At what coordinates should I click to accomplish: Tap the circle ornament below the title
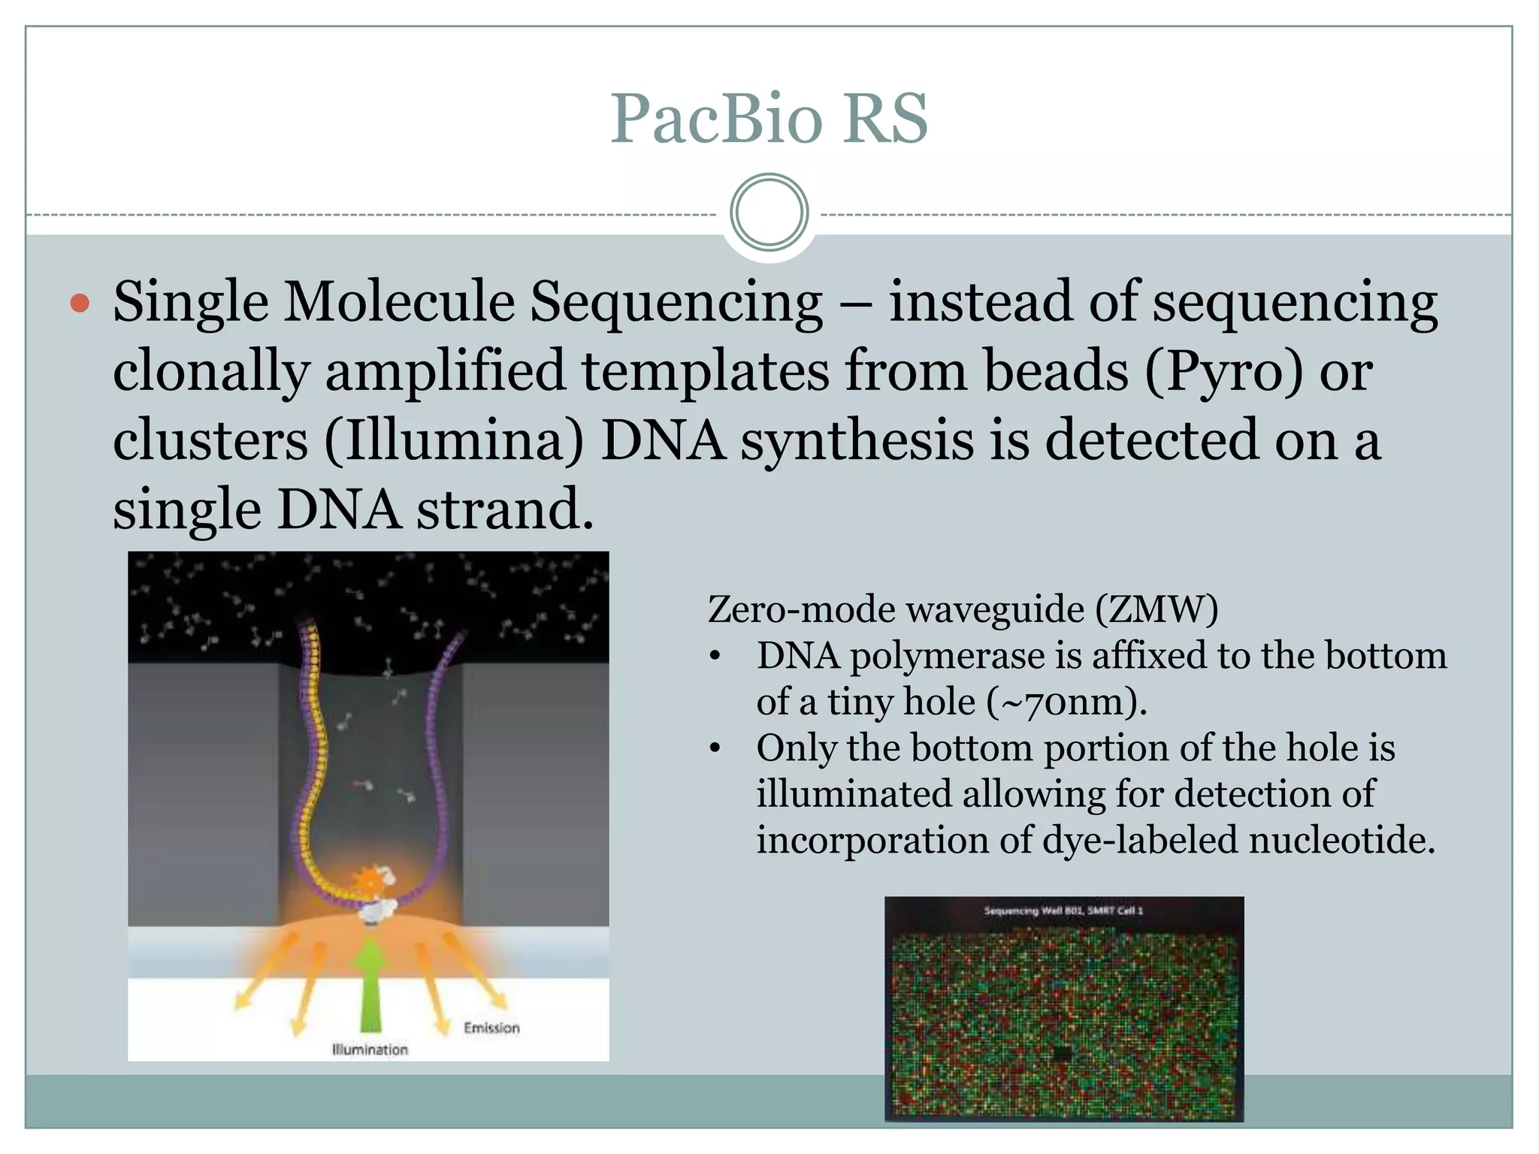pos(769,213)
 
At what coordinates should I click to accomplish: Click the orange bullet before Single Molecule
pos(80,304)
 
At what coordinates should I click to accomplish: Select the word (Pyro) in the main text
pos(1223,371)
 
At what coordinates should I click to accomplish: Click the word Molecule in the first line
pos(398,302)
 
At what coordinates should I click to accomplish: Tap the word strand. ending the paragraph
pos(504,509)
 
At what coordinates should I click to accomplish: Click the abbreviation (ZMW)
pos(1157,609)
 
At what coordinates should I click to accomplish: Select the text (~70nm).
pos(1066,702)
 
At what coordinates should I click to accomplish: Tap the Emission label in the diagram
pos(491,1028)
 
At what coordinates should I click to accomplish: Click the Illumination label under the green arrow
pos(370,1050)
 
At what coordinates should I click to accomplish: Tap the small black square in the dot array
pos(1062,1053)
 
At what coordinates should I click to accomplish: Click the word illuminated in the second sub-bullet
pos(853,794)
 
